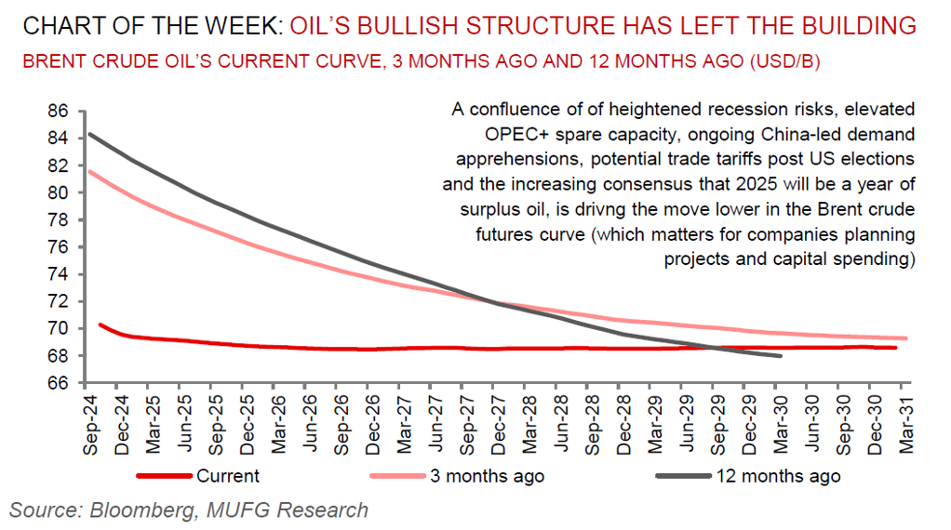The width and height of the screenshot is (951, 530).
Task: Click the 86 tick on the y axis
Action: [x=58, y=112]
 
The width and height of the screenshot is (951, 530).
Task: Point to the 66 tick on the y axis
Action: [x=58, y=383]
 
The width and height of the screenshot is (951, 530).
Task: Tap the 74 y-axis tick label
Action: [x=58, y=274]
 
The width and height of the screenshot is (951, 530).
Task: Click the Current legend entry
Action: [x=227, y=477]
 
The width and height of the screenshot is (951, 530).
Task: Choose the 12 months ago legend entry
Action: [x=777, y=477]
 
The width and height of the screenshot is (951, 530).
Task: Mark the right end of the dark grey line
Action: [x=780, y=356]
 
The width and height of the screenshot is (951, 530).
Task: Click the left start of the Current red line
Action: [x=99, y=325]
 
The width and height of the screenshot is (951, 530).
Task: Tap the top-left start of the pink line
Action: [x=87, y=171]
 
